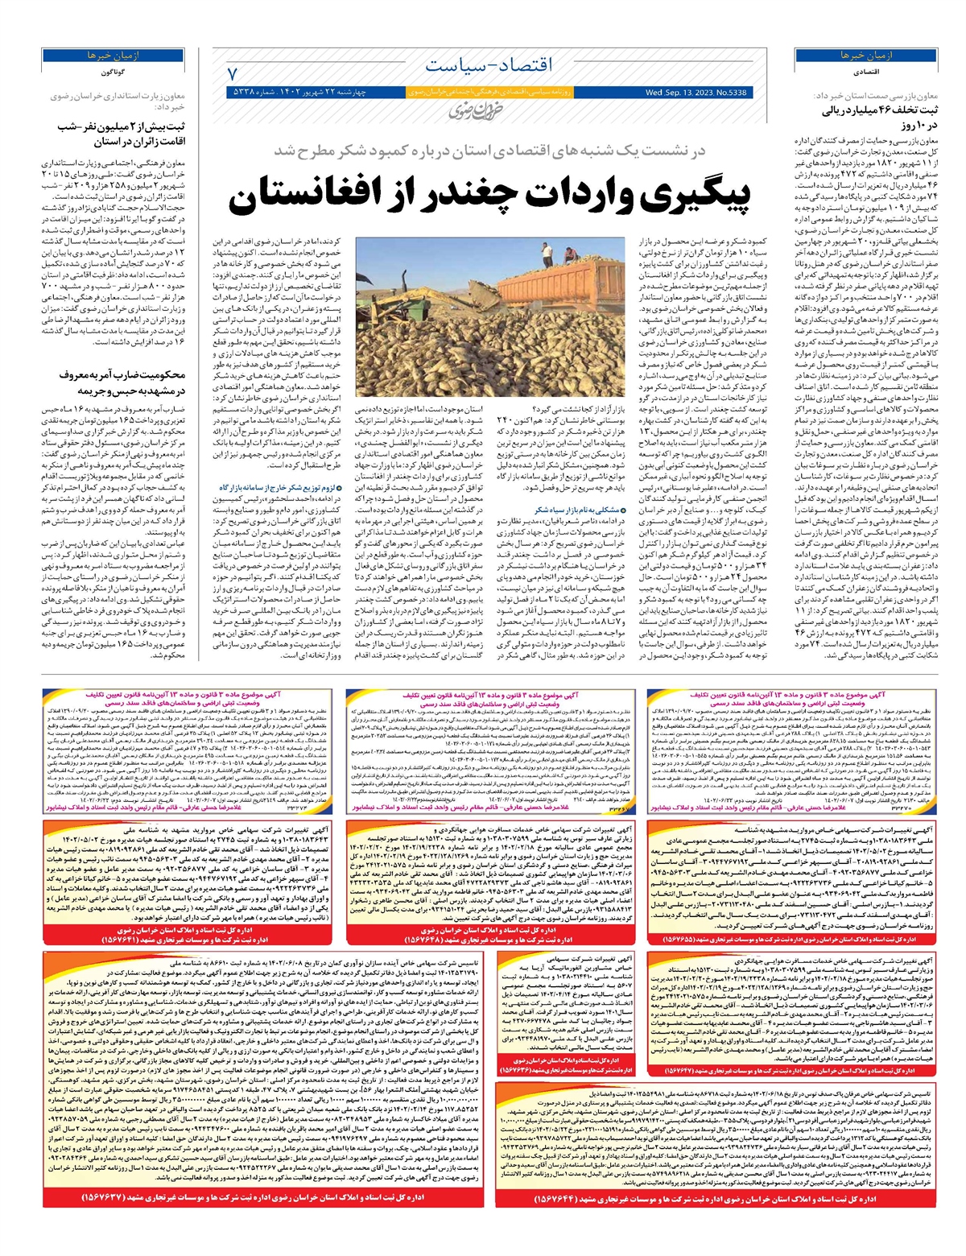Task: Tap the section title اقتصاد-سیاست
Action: [489, 65]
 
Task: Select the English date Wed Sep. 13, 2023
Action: [696, 93]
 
